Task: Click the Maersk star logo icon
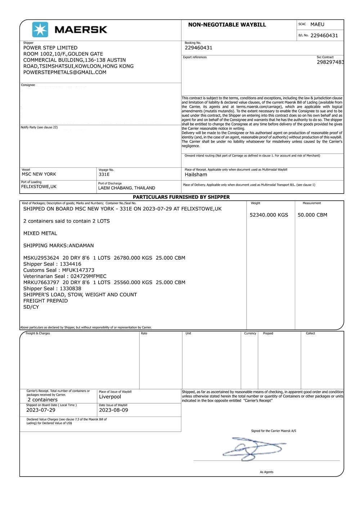point(40,29)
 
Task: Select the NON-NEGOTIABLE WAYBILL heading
point(227,25)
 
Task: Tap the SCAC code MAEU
point(317,24)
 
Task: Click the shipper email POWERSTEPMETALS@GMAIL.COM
point(65,72)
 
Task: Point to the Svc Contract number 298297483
point(330,62)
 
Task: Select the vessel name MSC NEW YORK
point(39,174)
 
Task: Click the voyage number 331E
point(104,174)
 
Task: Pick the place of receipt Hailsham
point(196,175)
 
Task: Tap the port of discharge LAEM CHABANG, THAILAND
point(127,188)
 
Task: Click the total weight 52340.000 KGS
point(269,215)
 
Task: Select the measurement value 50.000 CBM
point(312,215)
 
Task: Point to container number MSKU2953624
point(41,258)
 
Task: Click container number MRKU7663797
point(41,282)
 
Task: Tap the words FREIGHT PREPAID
point(45,301)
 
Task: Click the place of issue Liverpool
point(110,397)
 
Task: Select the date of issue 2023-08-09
point(113,410)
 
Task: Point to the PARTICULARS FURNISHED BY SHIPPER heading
point(181,197)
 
